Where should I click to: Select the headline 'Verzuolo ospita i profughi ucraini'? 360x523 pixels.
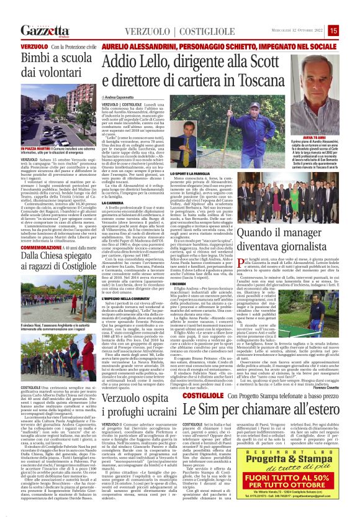pyautogui.click(x=154, y=391)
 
